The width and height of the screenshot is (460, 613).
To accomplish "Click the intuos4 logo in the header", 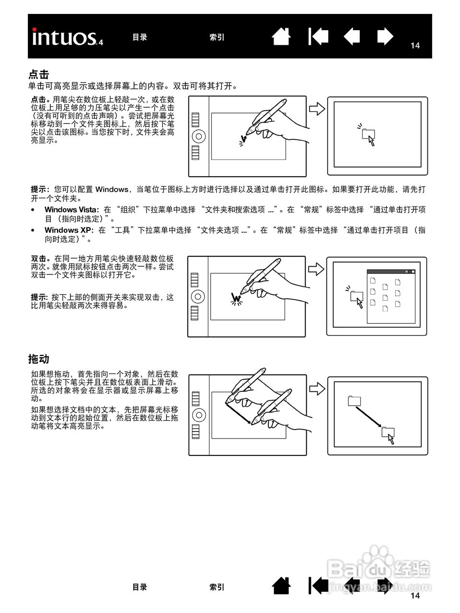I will (68, 37).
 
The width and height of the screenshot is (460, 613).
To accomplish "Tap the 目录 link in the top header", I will (139, 37).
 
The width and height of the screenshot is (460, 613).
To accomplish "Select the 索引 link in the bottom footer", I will (217, 587).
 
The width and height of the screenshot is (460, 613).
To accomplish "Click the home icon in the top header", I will (281, 37).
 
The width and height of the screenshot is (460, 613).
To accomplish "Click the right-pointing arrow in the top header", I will (385, 37).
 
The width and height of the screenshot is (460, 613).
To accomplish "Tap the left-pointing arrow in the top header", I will (352, 37).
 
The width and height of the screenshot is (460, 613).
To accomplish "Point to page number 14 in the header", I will (415, 45).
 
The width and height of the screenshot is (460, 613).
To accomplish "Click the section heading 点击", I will (39, 74).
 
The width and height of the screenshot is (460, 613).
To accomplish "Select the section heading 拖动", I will (39, 359).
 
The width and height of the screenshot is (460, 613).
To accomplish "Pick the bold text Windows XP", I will (69, 230).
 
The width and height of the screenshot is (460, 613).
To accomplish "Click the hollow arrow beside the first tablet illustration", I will (317, 109).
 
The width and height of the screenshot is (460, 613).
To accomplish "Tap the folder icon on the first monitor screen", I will (368, 134).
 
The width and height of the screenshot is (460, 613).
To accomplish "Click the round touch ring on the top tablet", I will (198, 136).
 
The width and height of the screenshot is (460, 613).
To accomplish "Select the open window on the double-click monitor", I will (391, 296).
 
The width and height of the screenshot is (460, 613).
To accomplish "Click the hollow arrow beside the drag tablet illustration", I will (317, 388).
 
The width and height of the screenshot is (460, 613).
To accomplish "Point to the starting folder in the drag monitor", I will (354, 401).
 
